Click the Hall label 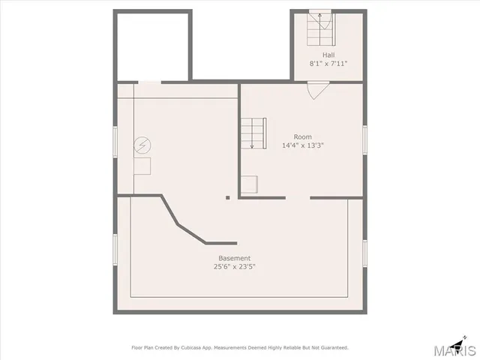pyautogui.click(x=328, y=55)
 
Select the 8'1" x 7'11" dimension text pyautogui.click(x=328, y=64)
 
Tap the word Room pyautogui.click(x=302, y=136)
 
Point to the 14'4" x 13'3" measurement pyautogui.click(x=302, y=145)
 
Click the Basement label pyautogui.click(x=235, y=258)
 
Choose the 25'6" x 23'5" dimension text pyautogui.click(x=235, y=267)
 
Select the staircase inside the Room pyautogui.click(x=253, y=133)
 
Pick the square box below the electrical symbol pyautogui.click(x=142, y=166)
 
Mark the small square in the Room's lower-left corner pyautogui.click(x=250, y=184)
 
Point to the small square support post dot pyautogui.click(x=228, y=198)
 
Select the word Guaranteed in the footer pyautogui.click(x=331, y=348)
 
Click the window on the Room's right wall pyautogui.click(x=364, y=141)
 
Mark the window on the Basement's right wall pyautogui.click(x=364, y=253)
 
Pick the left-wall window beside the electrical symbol pyautogui.click(x=115, y=141)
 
